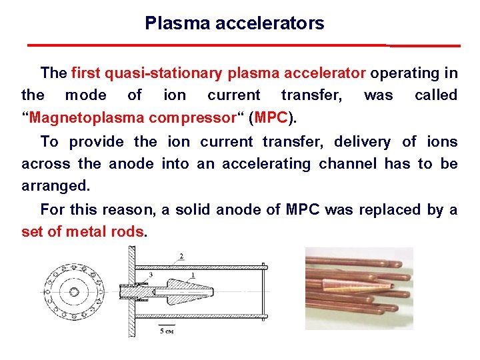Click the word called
click(435, 95)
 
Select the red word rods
click(132, 232)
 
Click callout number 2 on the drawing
click(181, 255)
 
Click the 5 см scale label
click(167, 330)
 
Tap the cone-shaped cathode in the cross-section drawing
click(193, 292)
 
